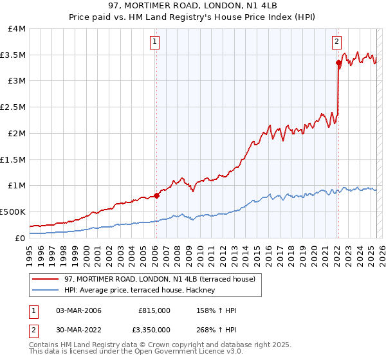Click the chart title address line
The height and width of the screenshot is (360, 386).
coord(193,6)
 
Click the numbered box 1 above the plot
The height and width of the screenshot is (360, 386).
coord(156,43)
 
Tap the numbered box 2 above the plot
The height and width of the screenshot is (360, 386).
coord(336,43)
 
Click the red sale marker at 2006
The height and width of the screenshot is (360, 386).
coord(156,195)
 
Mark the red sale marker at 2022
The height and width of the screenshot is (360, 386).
coord(338,62)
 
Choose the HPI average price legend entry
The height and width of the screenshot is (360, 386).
coord(143,291)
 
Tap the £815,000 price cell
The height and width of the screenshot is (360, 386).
coord(154,310)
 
